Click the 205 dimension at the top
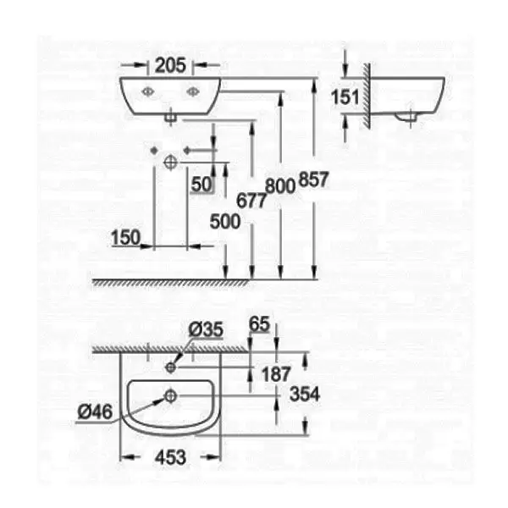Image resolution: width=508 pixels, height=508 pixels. click(169, 64)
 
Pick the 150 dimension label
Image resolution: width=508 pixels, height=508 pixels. click(124, 238)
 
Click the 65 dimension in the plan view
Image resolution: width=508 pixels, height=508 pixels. click(259, 324)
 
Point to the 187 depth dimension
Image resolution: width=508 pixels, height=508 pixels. click(278, 373)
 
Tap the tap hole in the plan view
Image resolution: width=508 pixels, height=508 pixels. click(171, 367)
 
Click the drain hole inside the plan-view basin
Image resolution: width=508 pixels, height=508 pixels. click(171, 395)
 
